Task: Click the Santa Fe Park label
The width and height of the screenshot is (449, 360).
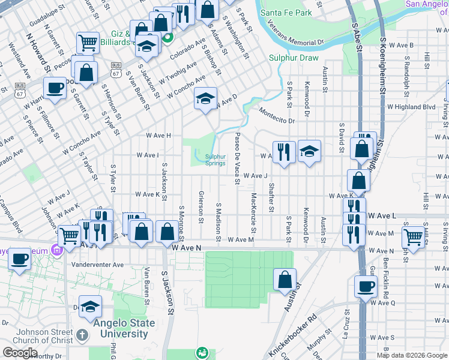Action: (x=287, y=13)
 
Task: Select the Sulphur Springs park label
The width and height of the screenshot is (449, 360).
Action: (x=215, y=160)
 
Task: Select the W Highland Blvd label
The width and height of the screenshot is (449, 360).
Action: (x=411, y=107)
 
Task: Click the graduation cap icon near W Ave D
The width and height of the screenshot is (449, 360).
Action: (x=205, y=98)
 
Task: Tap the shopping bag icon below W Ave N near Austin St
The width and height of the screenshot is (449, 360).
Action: (x=285, y=280)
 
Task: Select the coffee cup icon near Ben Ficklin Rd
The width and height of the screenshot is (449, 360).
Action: (x=366, y=286)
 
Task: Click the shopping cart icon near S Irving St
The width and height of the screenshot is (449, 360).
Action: (x=414, y=237)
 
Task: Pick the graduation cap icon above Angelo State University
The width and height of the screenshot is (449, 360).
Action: (x=90, y=307)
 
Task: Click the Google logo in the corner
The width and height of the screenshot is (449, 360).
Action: (x=20, y=353)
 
